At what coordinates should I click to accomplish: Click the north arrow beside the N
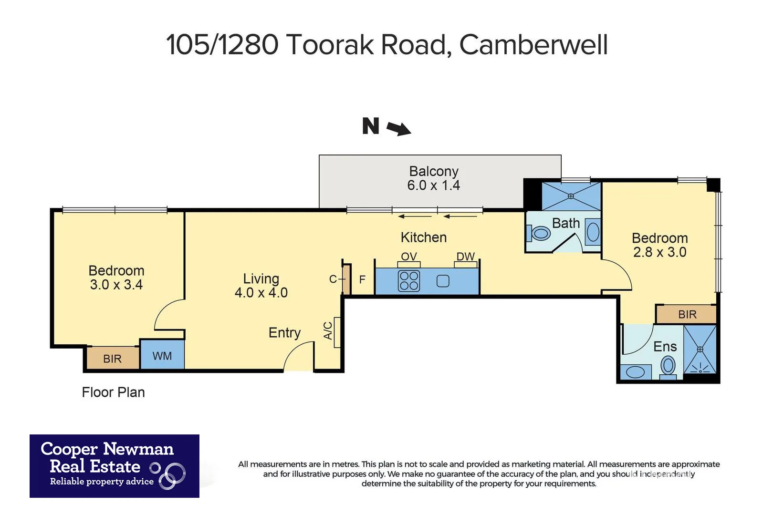pyautogui.click(x=398, y=128)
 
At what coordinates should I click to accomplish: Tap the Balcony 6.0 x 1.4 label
pyautogui.click(x=433, y=178)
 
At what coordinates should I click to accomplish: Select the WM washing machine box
pyautogui.click(x=162, y=355)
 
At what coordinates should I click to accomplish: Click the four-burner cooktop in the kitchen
pyautogui.click(x=409, y=281)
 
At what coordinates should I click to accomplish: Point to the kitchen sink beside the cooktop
pyautogui.click(x=443, y=281)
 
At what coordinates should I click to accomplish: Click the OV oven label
pyautogui.click(x=408, y=257)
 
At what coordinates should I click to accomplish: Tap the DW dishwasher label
pyautogui.click(x=465, y=257)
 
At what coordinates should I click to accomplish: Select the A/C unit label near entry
pyautogui.click(x=328, y=330)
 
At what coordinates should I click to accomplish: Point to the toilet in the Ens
pyautogui.click(x=668, y=366)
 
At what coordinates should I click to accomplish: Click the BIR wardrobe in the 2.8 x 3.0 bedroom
pyautogui.click(x=687, y=315)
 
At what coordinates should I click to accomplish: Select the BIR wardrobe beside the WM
pyautogui.click(x=113, y=359)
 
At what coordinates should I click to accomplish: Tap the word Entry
pyautogui.click(x=284, y=332)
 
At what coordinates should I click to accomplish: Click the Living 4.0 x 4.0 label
pyautogui.click(x=261, y=286)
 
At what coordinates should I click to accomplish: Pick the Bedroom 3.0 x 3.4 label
pyautogui.click(x=116, y=278)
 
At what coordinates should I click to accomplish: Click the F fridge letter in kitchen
pyautogui.click(x=362, y=279)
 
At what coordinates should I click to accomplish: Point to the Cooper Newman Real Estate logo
pyautogui.click(x=115, y=466)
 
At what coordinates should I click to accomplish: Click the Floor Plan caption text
pyautogui.click(x=113, y=392)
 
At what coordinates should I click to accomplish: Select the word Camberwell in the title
pyautogui.click(x=533, y=45)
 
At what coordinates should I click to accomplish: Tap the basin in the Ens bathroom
pyautogui.click(x=635, y=372)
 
